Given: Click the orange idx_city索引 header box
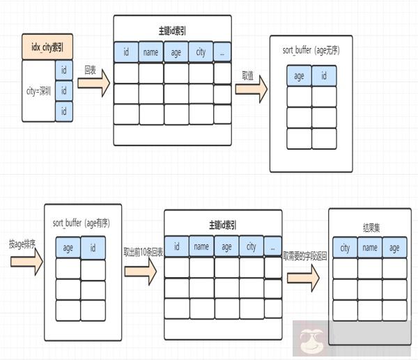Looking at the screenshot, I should [48, 48].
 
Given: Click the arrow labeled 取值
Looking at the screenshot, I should [251, 88].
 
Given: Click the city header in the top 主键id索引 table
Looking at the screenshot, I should [201, 52].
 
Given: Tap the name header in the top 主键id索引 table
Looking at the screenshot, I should [150, 52].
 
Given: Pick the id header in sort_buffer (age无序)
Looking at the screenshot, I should [324, 75].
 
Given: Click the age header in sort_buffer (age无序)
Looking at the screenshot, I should [299, 75].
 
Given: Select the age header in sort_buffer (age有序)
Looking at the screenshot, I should [68, 247].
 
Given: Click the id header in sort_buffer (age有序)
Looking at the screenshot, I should [93, 247].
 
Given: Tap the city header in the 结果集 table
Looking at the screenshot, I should [346, 247].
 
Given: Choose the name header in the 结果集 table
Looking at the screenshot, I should [370, 247].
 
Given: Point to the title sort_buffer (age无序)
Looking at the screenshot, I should [311, 50].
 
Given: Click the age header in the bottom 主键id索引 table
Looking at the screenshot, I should [226, 246].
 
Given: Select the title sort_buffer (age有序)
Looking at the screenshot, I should [82, 223].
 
